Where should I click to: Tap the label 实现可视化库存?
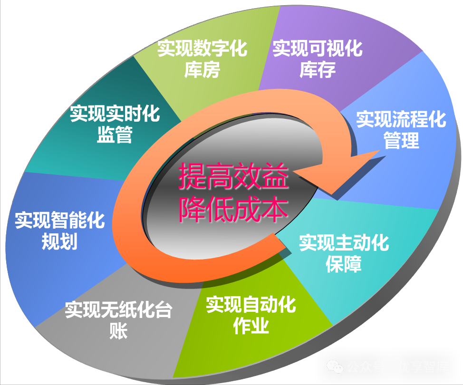tap(318, 58)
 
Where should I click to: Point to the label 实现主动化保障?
tap(344, 253)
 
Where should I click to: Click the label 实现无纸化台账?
tap(118, 320)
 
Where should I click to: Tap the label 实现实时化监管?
tap(115, 125)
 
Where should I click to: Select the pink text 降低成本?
tap(233, 209)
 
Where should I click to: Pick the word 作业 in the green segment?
tap(251, 326)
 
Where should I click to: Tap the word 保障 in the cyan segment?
tap(344, 264)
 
